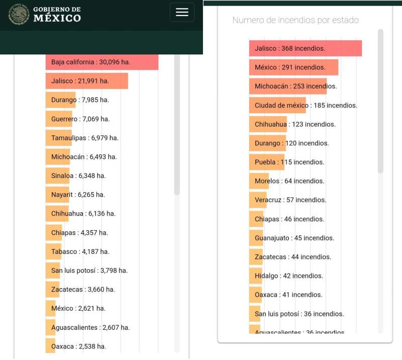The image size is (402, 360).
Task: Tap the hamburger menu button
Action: [x=182, y=12]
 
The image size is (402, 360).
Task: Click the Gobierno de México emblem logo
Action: [x=19, y=15]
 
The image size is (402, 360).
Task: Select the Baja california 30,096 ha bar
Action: [x=102, y=62]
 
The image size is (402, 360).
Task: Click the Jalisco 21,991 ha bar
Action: [x=87, y=81]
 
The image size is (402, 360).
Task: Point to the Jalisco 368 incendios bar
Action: [x=306, y=48]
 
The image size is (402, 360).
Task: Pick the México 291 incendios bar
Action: [x=293, y=67]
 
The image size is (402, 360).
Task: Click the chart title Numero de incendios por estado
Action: [x=295, y=20]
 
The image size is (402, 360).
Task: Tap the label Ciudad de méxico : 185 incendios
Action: [x=306, y=105]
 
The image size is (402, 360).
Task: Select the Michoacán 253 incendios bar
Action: [x=288, y=86]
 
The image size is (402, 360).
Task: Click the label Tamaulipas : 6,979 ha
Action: [x=85, y=138]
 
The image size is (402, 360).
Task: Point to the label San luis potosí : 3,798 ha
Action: [x=89, y=271]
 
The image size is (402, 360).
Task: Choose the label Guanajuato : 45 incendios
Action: [x=294, y=238]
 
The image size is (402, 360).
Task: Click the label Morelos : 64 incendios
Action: [x=289, y=181]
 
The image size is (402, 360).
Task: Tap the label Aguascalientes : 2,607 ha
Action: [x=90, y=327]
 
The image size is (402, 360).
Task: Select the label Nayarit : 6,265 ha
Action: [x=78, y=195]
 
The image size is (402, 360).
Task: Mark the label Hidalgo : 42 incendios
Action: [x=288, y=276]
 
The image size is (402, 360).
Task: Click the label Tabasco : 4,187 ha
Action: [x=80, y=251]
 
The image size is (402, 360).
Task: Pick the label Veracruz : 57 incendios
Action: [x=290, y=200]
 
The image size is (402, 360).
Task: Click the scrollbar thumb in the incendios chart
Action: [x=380, y=101]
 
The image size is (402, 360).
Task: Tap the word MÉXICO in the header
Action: [x=57, y=18]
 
